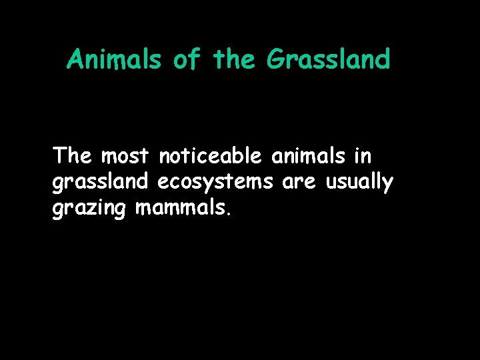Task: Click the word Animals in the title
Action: click(114, 60)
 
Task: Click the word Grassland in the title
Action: click(328, 60)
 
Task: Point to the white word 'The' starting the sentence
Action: click(73, 156)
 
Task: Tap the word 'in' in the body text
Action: click(363, 156)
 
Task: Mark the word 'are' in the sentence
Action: click(301, 183)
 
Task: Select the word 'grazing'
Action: click(90, 209)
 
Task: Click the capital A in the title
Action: click(75, 60)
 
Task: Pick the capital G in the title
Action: click(275, 60)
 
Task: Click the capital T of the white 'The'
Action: click(60, 155)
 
